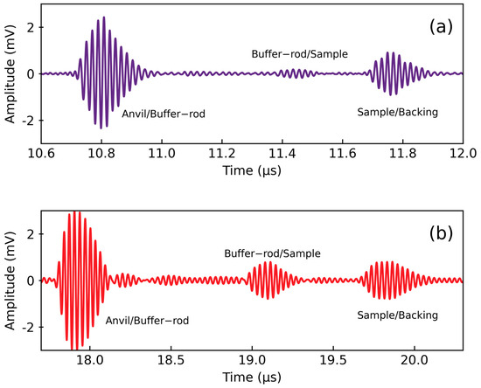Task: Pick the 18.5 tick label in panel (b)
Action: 171,359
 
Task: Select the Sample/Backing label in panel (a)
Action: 398,113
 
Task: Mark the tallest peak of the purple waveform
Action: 103,17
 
